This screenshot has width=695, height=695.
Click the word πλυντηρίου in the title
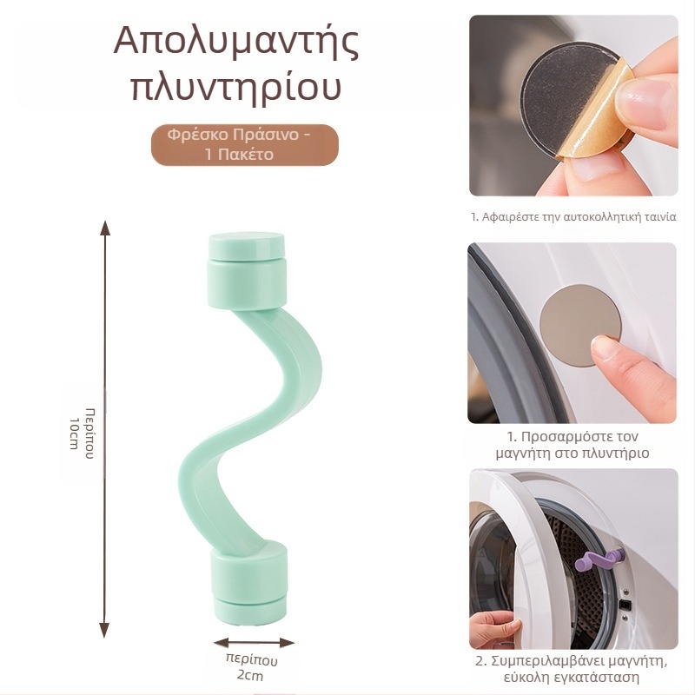click(x=236, y=88)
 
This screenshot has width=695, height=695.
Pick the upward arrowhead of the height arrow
click(x=105, y=228)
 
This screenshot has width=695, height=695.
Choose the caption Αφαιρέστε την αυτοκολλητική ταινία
click(x=573, y=217)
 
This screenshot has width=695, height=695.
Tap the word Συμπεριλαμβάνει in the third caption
click(x=541, y=662)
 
